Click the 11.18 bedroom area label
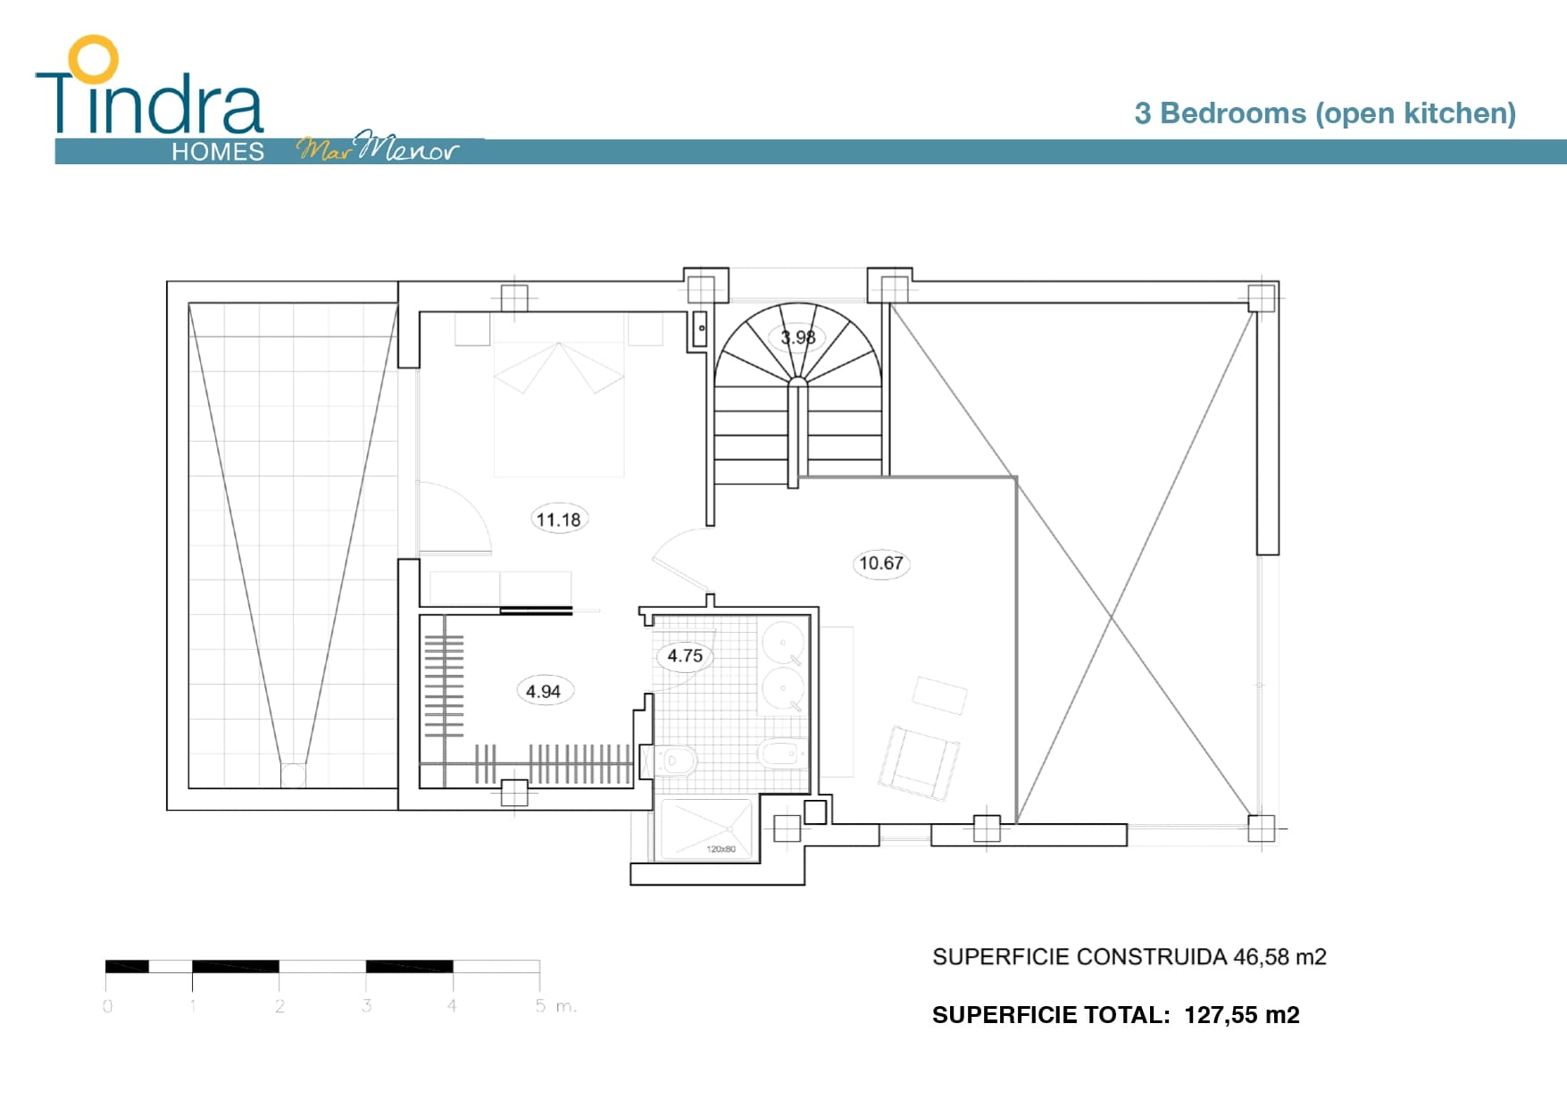click(x=559, y=520)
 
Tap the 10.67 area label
click(x=881, y=563)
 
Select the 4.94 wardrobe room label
click(x=544, y=691)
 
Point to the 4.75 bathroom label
click(x=685, y=656)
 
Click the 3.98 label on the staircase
click(x=798, y=337)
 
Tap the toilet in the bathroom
click(x=675, y=761)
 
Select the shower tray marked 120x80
click(x=706, y=829)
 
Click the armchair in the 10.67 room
click(x=919, y=760)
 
